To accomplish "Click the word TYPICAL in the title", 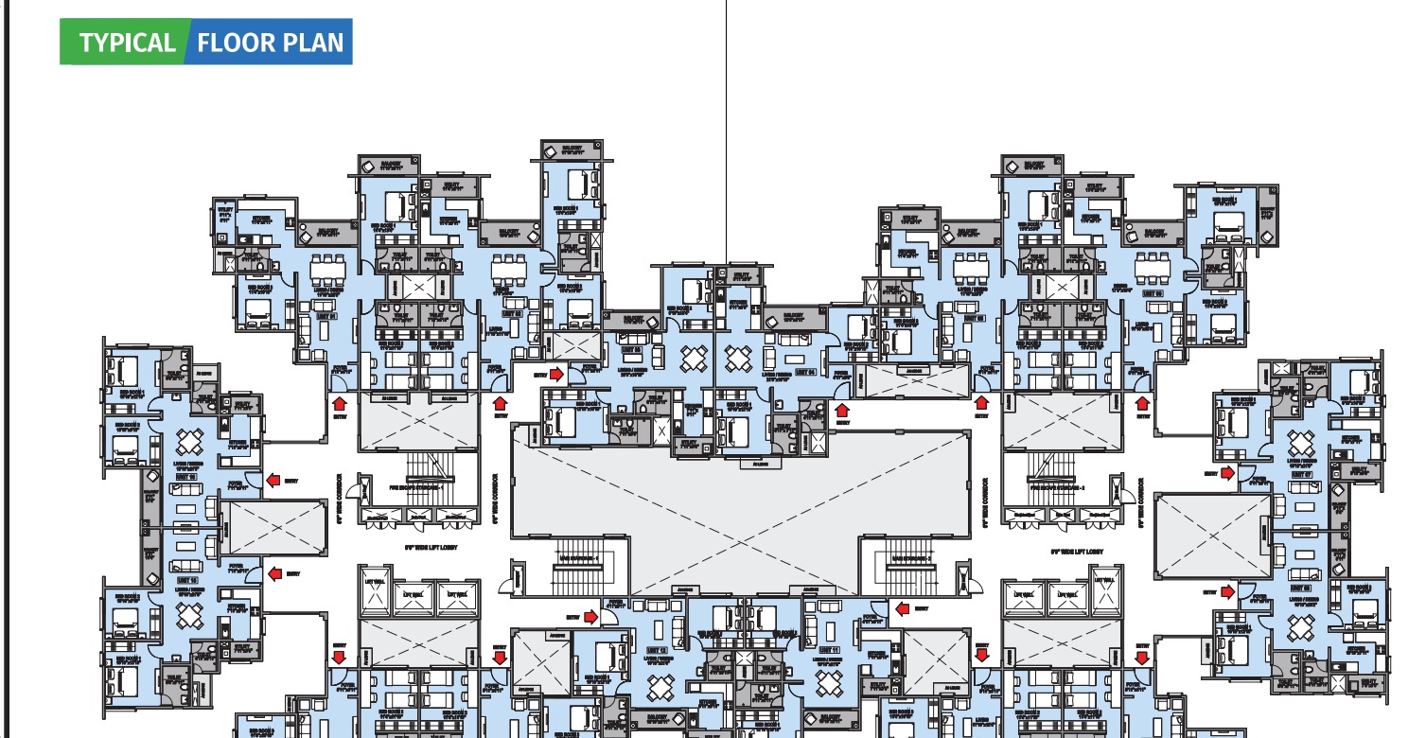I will click(x=128, y=43).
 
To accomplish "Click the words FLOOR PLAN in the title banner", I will click(x=271, y=43).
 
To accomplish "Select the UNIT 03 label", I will click(x=630, y=351).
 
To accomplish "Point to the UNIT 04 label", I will click(x=806, y=372).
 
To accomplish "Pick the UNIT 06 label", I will click(x=1153, y=294).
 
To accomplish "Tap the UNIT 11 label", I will click(x=830, y=651).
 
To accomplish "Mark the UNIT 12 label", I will click(x=657, y=651).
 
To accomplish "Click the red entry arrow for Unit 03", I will click(x=556, y=374).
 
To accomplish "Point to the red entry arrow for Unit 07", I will click(x=1227, y=473).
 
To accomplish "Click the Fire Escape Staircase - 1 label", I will click(x=416, y=489).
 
